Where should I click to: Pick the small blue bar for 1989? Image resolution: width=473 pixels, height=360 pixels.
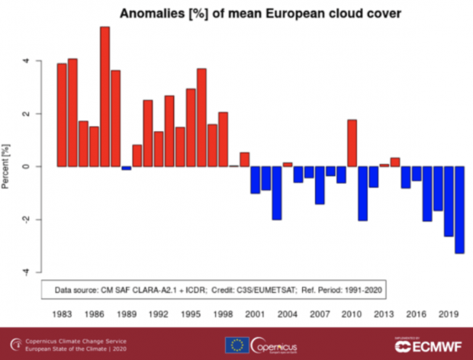(127, 168)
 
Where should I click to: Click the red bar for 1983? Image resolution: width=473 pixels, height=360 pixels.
(62, 114)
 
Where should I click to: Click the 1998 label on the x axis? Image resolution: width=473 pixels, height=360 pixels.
(223, 313)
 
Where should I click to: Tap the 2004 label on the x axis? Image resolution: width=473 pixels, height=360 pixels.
(287, 313)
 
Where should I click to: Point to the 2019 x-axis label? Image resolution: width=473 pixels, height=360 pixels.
(448, 313)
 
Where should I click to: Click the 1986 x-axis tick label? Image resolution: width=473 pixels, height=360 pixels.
(94, 313)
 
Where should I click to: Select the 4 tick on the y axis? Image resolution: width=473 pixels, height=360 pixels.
(28, 61)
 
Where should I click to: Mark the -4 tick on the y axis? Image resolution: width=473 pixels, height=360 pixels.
(28, 272)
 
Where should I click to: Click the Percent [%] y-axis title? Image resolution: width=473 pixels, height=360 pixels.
(7, 166)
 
